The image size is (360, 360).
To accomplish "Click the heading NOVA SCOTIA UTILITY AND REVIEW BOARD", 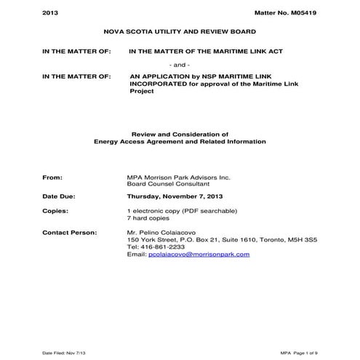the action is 180,33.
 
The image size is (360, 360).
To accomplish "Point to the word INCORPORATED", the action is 161,83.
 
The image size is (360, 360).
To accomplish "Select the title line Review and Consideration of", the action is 180,134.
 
